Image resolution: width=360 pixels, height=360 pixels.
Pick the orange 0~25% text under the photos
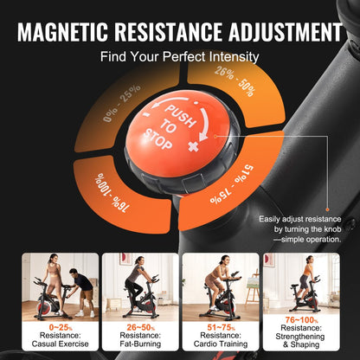coord(55,326)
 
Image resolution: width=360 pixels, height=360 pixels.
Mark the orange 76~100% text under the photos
coord(302,320)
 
